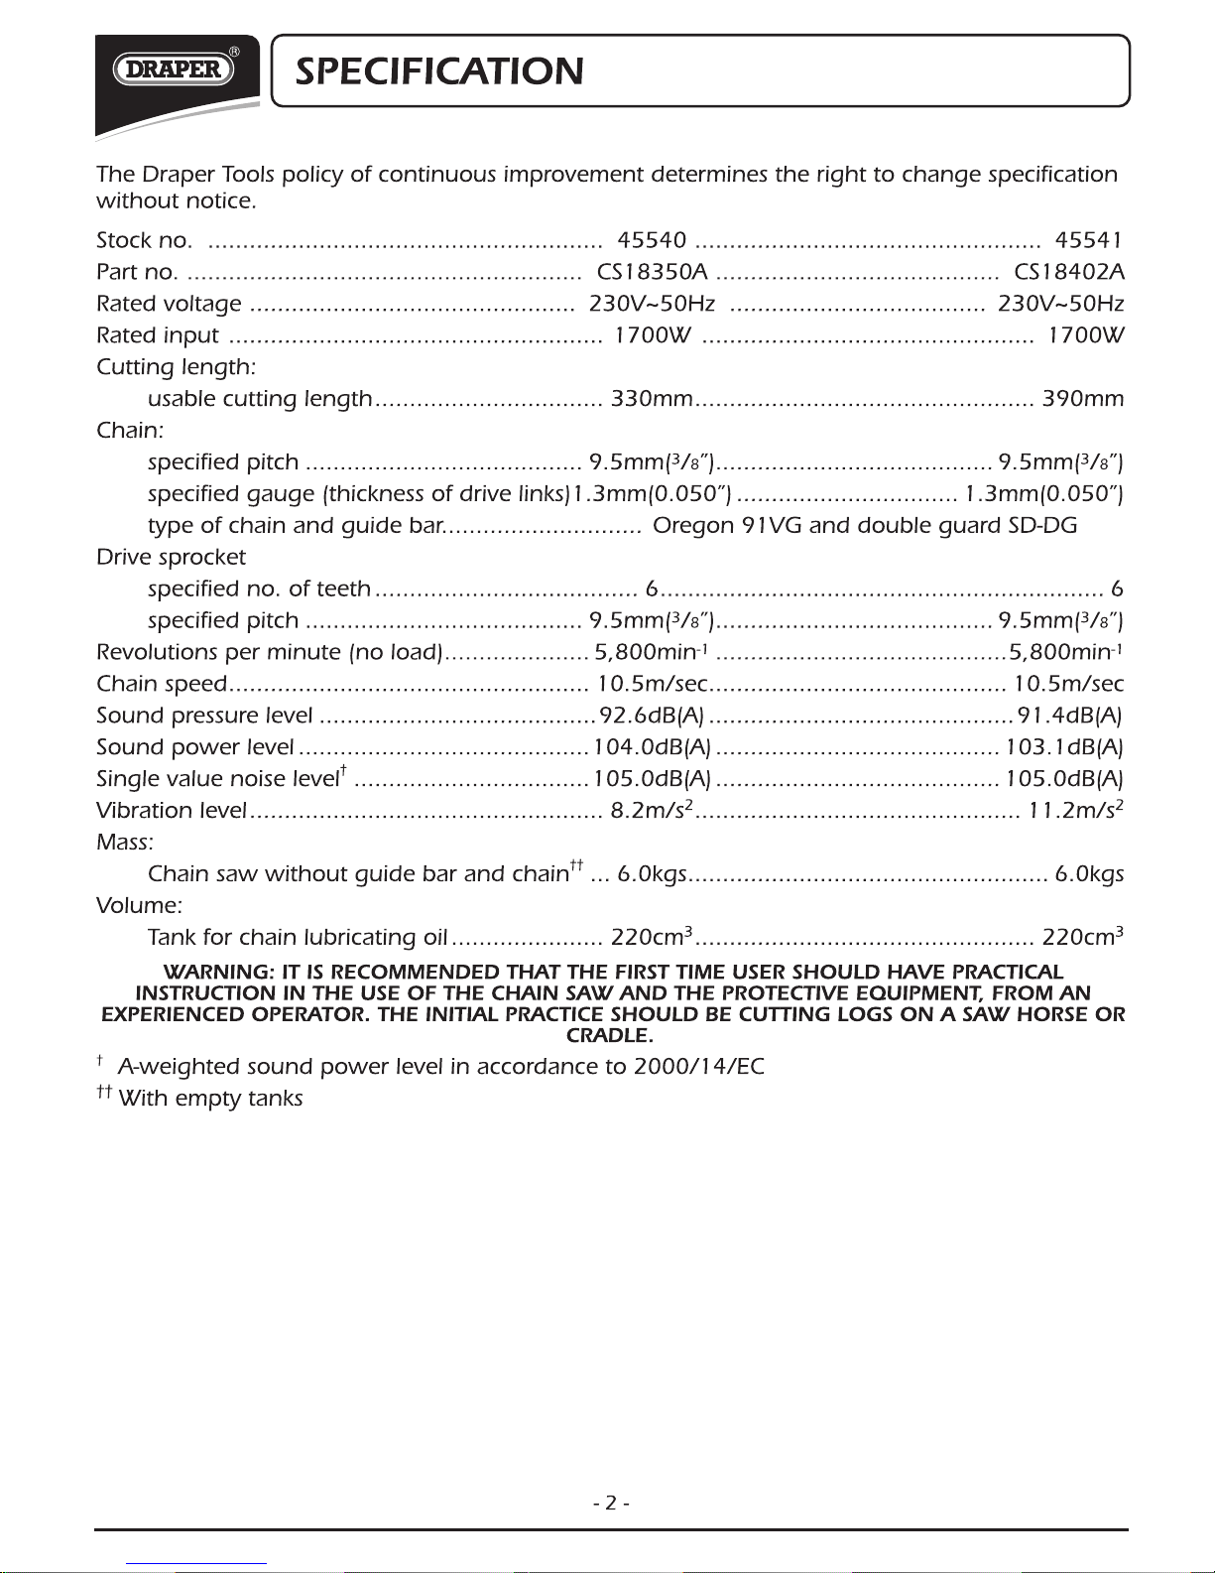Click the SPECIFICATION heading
439,71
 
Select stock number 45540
652,240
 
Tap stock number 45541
1088,240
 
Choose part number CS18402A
1068,272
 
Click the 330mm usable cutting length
652,399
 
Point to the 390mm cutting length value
1082,399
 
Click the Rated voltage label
169,304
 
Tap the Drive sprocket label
171,558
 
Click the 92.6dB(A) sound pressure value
651,716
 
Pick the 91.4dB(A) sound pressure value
1068,716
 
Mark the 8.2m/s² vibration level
651,811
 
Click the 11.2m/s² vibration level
1075,811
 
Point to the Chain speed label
162,685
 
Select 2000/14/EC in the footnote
699,1067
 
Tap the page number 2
611,1504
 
